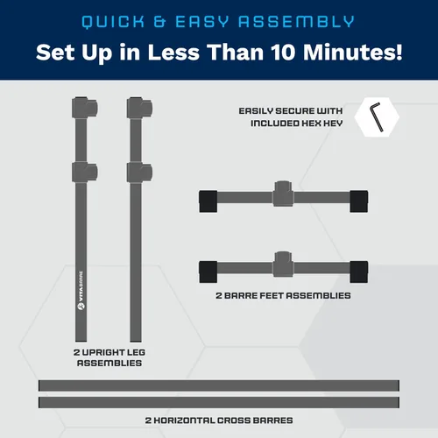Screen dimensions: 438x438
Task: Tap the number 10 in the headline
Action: click(283, 53)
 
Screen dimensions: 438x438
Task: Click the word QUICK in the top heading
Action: click(113, 22)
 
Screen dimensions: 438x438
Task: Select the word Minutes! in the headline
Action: click(353, 53)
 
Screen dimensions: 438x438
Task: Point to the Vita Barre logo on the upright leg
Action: click(81, 290)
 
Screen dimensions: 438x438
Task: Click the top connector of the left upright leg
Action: click(85, 108)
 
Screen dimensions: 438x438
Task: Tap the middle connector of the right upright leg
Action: click(139, 173)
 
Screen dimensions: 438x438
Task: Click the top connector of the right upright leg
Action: click(139, 108)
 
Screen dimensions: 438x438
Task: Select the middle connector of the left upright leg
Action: click(85, 173)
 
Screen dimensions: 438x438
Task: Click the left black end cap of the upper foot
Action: click(208, 201)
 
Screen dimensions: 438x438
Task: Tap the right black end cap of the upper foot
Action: click(359, 201)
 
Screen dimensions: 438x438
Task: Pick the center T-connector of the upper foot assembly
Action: click(283, 194)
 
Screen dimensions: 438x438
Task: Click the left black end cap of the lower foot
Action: click(208, 272)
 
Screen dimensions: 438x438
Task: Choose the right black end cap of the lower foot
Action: click(359, 272)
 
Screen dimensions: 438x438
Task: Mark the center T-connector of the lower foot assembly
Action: click(283, 264)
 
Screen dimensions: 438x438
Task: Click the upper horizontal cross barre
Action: click(219, 385)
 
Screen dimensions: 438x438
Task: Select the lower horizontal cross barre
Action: click(219, 402)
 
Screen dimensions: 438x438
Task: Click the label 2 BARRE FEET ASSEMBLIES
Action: click(283, 295)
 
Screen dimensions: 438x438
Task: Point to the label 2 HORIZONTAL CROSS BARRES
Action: click(219, 420)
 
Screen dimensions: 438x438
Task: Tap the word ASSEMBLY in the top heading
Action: click(297, 22)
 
